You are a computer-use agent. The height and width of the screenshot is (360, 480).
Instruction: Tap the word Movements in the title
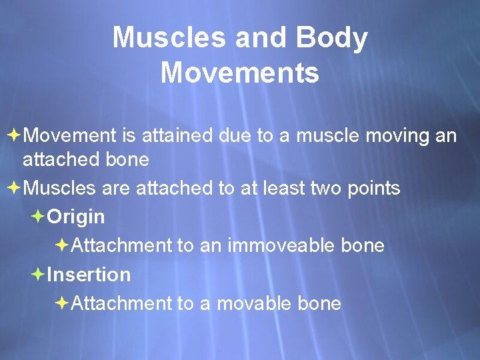(240, 73)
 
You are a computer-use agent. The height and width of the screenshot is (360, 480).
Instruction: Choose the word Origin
(76, 217)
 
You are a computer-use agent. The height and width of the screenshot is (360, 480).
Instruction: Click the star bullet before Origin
(37, 217)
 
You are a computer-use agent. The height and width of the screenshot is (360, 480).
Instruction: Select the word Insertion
(89, 275)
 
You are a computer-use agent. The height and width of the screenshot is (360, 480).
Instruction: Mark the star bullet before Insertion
(37, 274)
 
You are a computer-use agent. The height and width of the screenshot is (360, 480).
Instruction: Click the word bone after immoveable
(362, 245)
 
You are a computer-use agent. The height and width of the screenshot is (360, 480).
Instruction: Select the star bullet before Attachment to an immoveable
(61, 245)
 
